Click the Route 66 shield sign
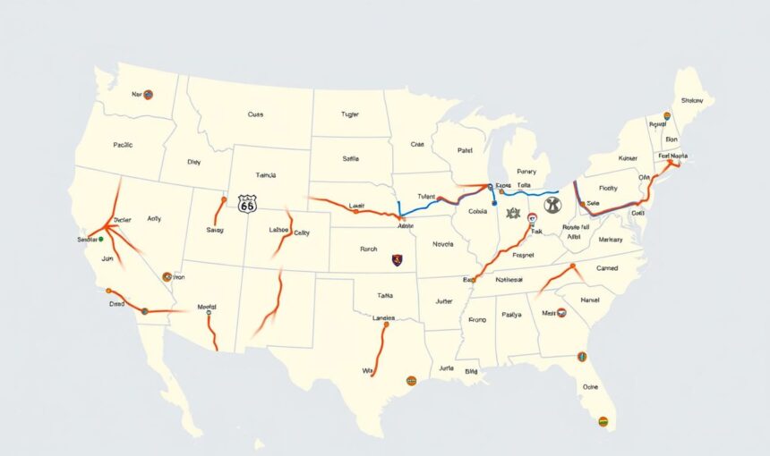(247, 204)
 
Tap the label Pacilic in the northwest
(123, 144)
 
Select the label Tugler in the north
(349, 114)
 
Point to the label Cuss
(255, 114)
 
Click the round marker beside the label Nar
(149, 94)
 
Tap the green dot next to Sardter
(100, 239)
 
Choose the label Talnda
(267, 176)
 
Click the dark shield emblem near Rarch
(397, 260)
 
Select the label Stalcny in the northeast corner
(691, 101)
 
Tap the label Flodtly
(608, 189)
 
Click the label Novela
(443, 243)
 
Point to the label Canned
(607, 267)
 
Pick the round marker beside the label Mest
(561, 313)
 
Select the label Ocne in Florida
(590, 387)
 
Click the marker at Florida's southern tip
(603, 421)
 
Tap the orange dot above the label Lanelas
(385, 325)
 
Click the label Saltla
(350, 158)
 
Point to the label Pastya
(511, 314)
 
